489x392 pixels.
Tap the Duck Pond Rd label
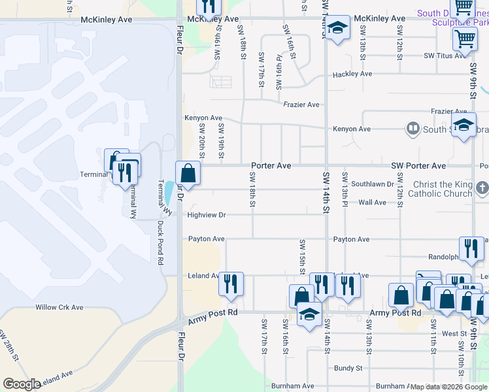click(x=160, y=242)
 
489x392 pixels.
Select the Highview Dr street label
click(x=207, y=214)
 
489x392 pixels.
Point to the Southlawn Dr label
click(x=373, y=185)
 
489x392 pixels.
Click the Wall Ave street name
click(x=372, y=203)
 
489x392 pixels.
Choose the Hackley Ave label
click(x=352, y=74)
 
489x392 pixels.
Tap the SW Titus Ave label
click(x=447, y=56)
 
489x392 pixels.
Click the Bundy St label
click(x=348, y=368)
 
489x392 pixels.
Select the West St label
click(x=454, y=334)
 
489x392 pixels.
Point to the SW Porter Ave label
click(x=418, y=166)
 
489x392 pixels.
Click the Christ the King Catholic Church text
click(x=441, y=189)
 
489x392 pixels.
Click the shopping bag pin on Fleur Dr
click(x=188, y=173)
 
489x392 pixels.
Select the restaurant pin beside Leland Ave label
click(x=231, y=284)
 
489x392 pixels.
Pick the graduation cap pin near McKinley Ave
click(x=337, y=28)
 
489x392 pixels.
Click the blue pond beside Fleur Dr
click(x=170, y=191)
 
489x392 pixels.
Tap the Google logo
click(x=22, y=384)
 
